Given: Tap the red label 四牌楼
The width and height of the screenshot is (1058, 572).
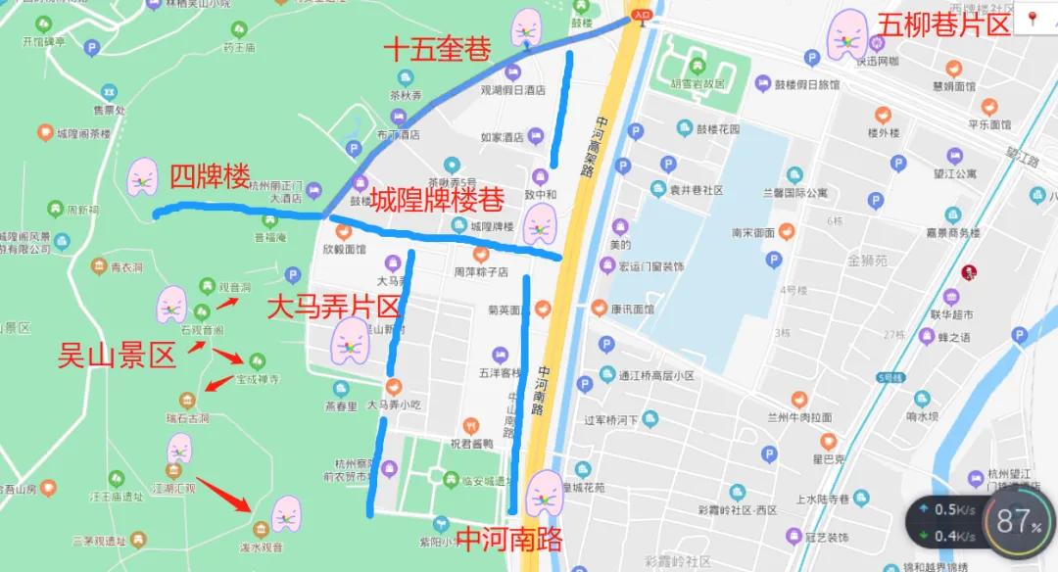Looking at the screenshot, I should point(210,177).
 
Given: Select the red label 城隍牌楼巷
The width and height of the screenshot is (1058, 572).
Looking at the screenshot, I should point(436,200).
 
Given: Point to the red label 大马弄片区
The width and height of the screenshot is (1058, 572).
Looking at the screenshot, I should point(334,308).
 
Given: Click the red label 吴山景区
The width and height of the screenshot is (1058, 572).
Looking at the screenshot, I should point(118,356).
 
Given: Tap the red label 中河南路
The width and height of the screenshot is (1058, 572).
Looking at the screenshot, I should point(511,539).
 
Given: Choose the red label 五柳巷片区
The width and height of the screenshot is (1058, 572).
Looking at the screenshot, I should point(944,25).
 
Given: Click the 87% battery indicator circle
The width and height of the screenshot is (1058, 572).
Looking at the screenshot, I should point(1019,522).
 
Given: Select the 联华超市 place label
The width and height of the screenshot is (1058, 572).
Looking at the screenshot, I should point(951,315).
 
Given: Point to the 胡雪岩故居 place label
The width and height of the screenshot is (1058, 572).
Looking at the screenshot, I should point(698,84).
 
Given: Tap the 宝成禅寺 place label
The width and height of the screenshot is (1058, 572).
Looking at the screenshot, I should point(259,379).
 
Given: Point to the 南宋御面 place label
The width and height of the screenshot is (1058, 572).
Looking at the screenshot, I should point(753,233).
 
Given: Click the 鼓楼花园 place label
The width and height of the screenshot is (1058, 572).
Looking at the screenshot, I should point(718,128).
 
